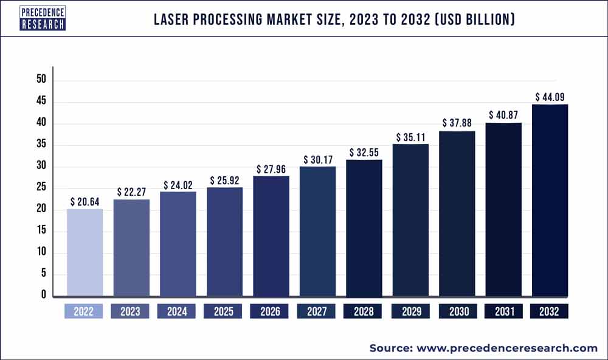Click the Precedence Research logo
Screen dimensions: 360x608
point(43,18)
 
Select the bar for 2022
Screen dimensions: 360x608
point(85,252)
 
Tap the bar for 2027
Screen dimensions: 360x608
point(317,231)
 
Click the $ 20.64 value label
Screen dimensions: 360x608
point(85,201)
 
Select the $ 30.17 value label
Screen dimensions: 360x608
point(317,159)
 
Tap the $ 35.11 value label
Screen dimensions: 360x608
point(410,137)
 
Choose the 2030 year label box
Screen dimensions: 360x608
point(457,311)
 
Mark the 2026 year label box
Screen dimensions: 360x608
point(271,311)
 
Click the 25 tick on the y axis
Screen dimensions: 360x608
point(41,188)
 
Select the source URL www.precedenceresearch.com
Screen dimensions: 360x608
point(507,348)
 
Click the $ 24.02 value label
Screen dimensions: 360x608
point(178,184)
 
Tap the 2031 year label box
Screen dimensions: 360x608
point(503,311)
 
